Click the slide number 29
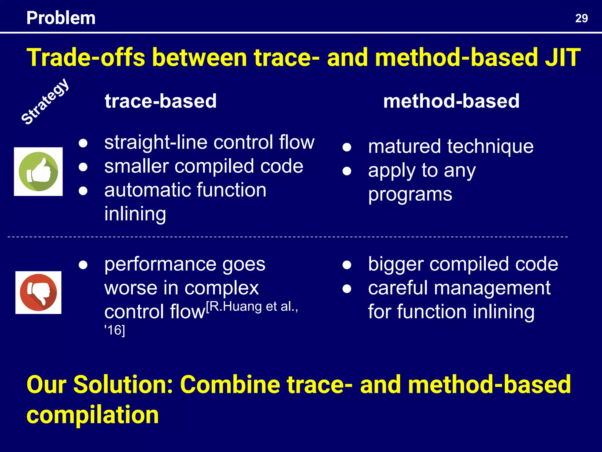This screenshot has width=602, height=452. click(x=581, y=18)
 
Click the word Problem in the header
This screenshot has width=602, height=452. click(x=61, y=18)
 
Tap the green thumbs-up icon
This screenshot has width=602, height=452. click(x=38, y=172)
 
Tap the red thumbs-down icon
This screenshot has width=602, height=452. click(x=38, y=293)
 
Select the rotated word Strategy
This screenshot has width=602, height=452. click(x=45, y=102)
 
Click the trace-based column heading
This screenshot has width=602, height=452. click(x=160, y=101)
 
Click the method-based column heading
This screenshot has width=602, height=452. click(x=451, y=101)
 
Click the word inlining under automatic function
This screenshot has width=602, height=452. click(x=135, y=214)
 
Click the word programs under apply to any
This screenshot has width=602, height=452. click(x=410, y=194)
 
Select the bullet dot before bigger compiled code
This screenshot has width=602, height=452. click(x=347, y=265)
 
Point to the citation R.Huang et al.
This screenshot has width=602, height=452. click(x=252, y=306)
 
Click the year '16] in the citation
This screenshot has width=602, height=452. click(x=115, y=330)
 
